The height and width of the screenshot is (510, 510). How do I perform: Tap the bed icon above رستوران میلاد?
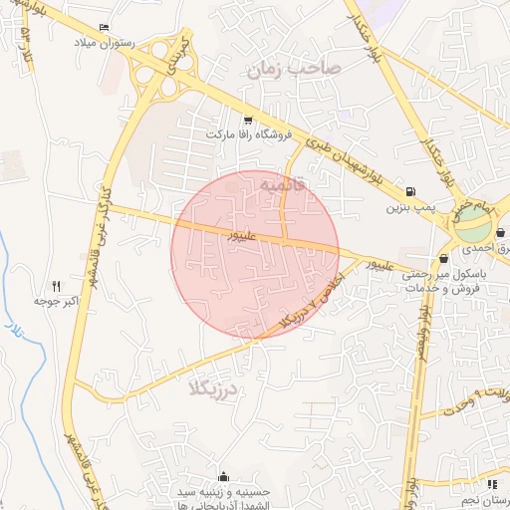107,28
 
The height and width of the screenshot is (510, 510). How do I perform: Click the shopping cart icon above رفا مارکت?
247,120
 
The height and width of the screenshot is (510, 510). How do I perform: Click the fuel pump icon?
411,191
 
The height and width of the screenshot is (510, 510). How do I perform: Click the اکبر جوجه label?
56,299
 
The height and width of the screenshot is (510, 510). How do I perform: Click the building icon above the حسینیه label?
223,475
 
